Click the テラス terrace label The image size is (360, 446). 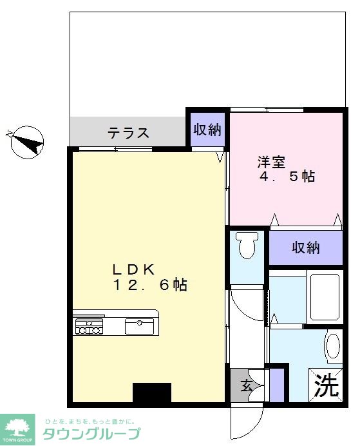pos(129,133)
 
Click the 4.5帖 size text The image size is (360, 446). pos(287,177)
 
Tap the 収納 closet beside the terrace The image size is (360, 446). pos(207,130)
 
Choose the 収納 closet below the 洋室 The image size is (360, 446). pos(305,247)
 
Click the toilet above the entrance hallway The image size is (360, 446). pos(245,246)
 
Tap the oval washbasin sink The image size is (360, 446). pos(332,347)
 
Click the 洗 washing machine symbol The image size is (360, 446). pos(326,386)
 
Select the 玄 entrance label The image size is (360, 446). pos(247,386)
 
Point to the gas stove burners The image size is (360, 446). pos(89,326)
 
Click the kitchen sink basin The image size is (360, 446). pos(138,326)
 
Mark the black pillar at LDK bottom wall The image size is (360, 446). pos(152,393)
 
